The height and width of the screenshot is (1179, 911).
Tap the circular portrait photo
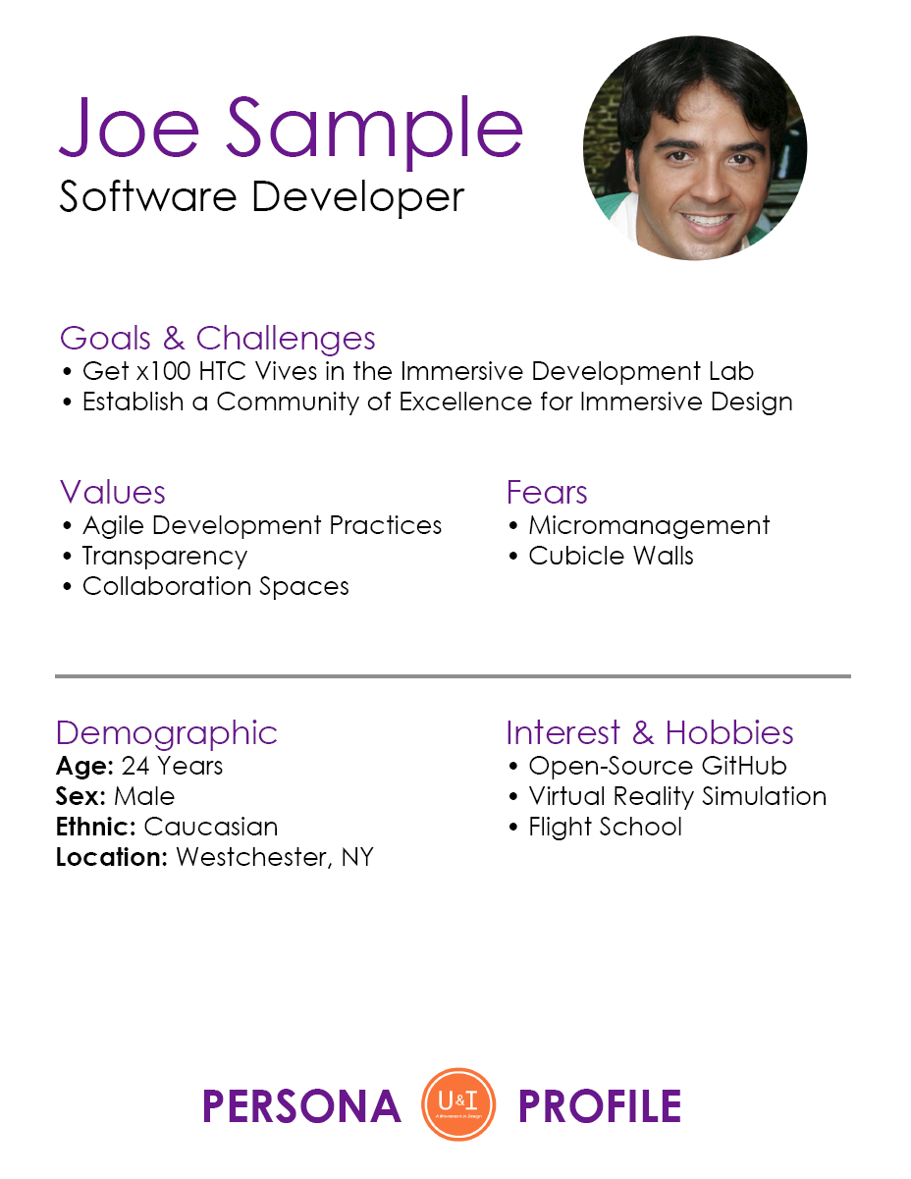(x=695, y=148)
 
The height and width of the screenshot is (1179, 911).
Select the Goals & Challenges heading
(x=217, y=339)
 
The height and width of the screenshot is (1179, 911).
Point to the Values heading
(x=113, y=492)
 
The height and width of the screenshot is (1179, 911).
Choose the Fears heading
(x=547, y=492)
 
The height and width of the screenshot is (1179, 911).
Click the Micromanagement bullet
(x=648, y=526)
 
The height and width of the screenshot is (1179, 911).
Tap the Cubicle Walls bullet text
(x=611, y=556)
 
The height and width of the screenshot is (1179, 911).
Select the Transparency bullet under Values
(x=164, y=556)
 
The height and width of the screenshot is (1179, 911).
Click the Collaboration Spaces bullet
(x=215, y=586)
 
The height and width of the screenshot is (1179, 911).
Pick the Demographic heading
(x=167, y=733)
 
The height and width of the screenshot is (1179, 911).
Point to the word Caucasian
(x=210, y=827)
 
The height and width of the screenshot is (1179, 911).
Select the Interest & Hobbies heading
(x=649, y=733)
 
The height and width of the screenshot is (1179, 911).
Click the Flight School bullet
(x=605, y=827)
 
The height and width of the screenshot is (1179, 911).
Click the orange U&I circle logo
(x=457, y=1104)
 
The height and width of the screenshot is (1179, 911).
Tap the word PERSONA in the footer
(x=301, y=1106)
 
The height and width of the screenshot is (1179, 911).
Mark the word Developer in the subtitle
(x=357, y=197)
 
